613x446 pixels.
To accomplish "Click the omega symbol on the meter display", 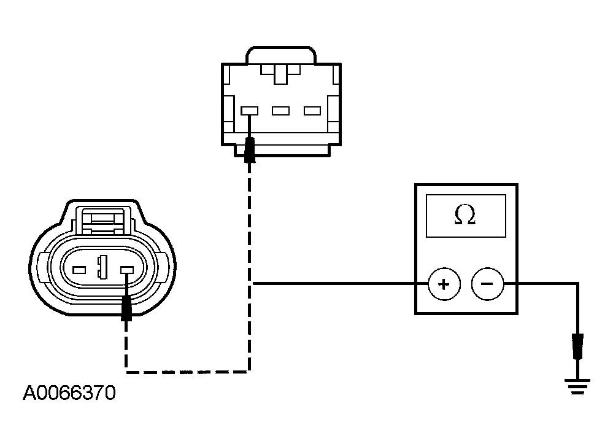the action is point(465,215).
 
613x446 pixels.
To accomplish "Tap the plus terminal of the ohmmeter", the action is point(444,284).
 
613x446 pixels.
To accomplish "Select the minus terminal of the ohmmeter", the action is point(487,284).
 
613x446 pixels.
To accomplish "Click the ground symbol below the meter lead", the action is point(577,386).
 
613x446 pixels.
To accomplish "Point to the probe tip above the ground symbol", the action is point(577,346).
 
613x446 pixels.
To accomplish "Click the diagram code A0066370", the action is point(69,393).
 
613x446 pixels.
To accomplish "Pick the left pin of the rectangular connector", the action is point(249,111).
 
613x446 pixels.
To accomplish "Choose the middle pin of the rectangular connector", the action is point(280,111).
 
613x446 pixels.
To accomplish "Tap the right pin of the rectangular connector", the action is point(312,111).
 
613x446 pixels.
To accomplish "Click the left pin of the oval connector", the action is point(79,270).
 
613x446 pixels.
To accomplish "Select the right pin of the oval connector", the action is point(127,270).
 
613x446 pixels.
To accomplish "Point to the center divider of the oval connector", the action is point(103,267).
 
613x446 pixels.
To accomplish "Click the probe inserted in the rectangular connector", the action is point(250,150).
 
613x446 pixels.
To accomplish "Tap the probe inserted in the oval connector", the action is point(126,308).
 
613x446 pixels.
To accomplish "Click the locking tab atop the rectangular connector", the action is point(280,55).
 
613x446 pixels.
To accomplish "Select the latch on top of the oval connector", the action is point(103,221).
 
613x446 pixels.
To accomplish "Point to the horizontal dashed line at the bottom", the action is point(188,372).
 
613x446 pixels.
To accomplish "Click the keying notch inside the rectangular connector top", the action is point(280,74).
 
